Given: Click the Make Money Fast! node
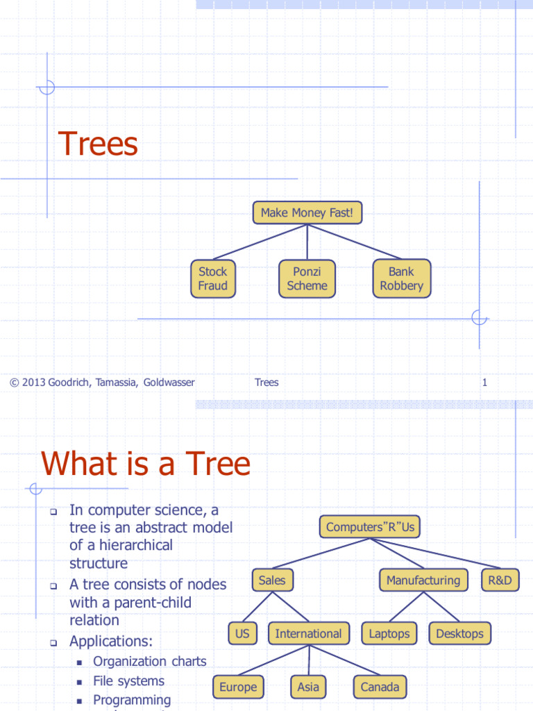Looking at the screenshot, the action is tap(307, 212).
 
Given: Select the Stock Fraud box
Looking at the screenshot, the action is tap(213, 278).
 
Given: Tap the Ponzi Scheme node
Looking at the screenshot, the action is tap(307, 278).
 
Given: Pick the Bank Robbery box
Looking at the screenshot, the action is tap(402, 278).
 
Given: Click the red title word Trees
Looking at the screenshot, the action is tap(98, 144).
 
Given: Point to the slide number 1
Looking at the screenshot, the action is tap(484, 383).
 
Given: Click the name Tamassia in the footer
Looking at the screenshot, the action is tap(116, 383).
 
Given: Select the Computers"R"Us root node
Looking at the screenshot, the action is tap(370, 527).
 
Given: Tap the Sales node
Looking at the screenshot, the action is tap(272, 580).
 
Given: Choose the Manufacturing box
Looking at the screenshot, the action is tap(423, 580).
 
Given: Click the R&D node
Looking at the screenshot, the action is tap(500, 580).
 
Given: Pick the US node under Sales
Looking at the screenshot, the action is tap(242, 633).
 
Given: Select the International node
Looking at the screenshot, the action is tap(309, 633).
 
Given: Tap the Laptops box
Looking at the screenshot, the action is tap(389, 633).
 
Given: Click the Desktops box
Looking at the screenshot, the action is tap(459, 633).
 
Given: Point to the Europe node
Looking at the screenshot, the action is tap(239, 687).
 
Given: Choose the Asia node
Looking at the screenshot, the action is tap(308, 687).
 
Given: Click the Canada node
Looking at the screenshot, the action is tap(380, 687).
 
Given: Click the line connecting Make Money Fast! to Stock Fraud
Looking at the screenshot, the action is tap(260, 242).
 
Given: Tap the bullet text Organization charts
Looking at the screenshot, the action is tap(150, 662).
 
